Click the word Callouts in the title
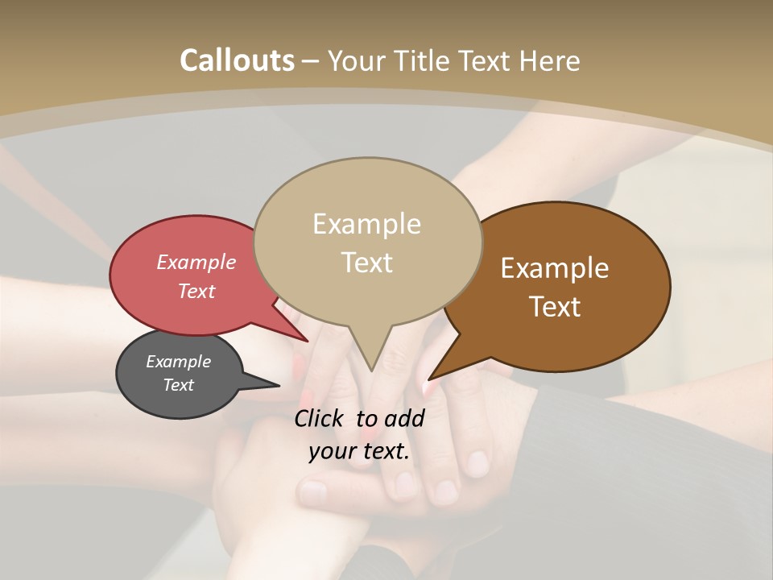tap(237, 60)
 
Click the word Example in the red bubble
tap(196, 262)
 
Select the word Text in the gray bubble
tap(179, 385)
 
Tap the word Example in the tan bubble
tap(366, 224)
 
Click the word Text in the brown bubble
tap(555, 307)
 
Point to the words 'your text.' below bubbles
tap(359, 452)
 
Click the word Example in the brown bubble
tap(555, 268)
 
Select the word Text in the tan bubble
tap(367, 263)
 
